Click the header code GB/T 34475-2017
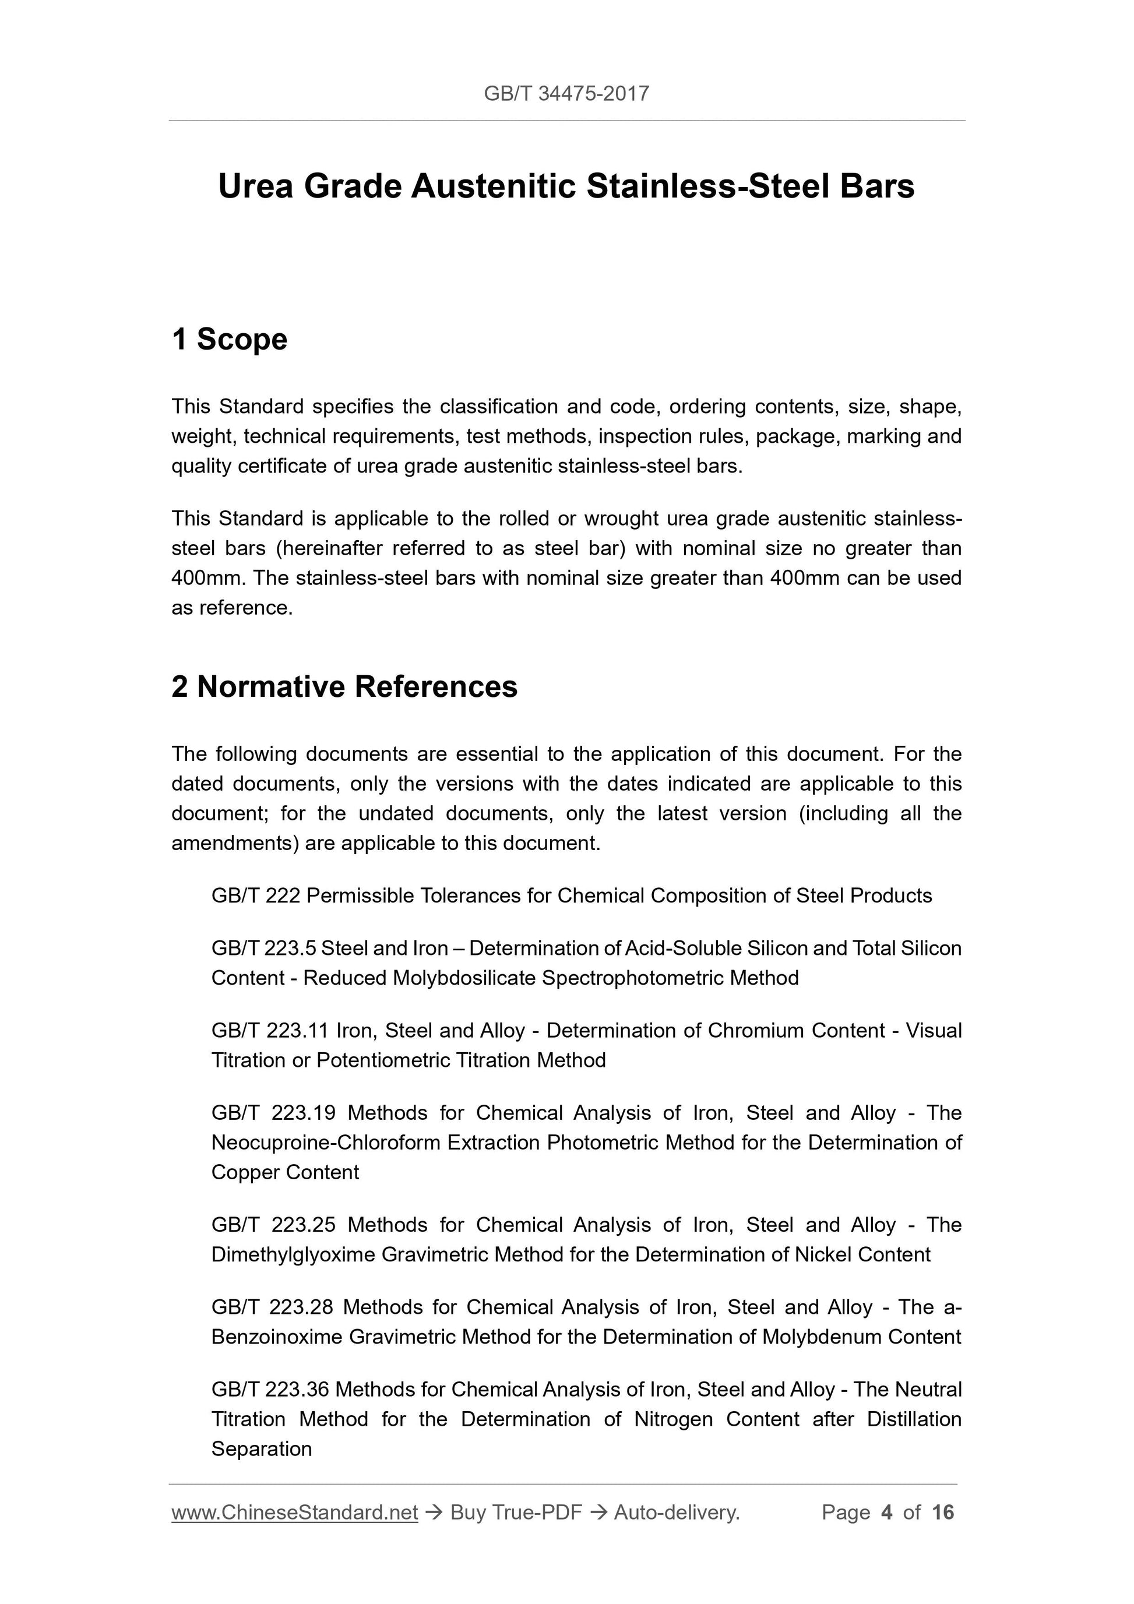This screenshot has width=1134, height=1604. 566,94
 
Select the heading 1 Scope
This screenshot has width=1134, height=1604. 229,340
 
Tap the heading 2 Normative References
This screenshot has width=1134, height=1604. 344,687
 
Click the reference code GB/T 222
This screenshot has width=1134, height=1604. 255,896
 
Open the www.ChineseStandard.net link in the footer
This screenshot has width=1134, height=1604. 294,1513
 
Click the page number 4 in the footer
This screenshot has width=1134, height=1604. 887,1513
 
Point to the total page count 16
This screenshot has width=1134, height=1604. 942,1513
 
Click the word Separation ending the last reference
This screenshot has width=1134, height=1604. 261,1449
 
